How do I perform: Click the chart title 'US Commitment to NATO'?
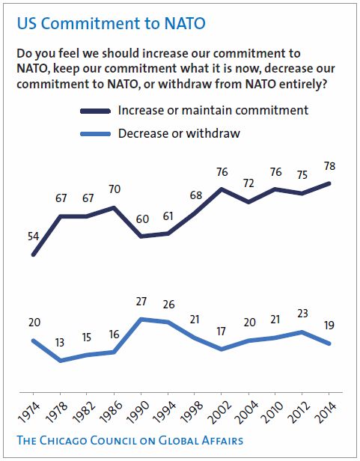tap(111, 23)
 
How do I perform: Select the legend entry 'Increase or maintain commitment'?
tap(213, 111)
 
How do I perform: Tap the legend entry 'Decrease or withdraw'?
tap(180, 134)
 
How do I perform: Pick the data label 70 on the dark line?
tap(114, 189)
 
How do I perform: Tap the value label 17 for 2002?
tap(221, 332)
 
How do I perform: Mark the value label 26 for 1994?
tap(168, 305)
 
